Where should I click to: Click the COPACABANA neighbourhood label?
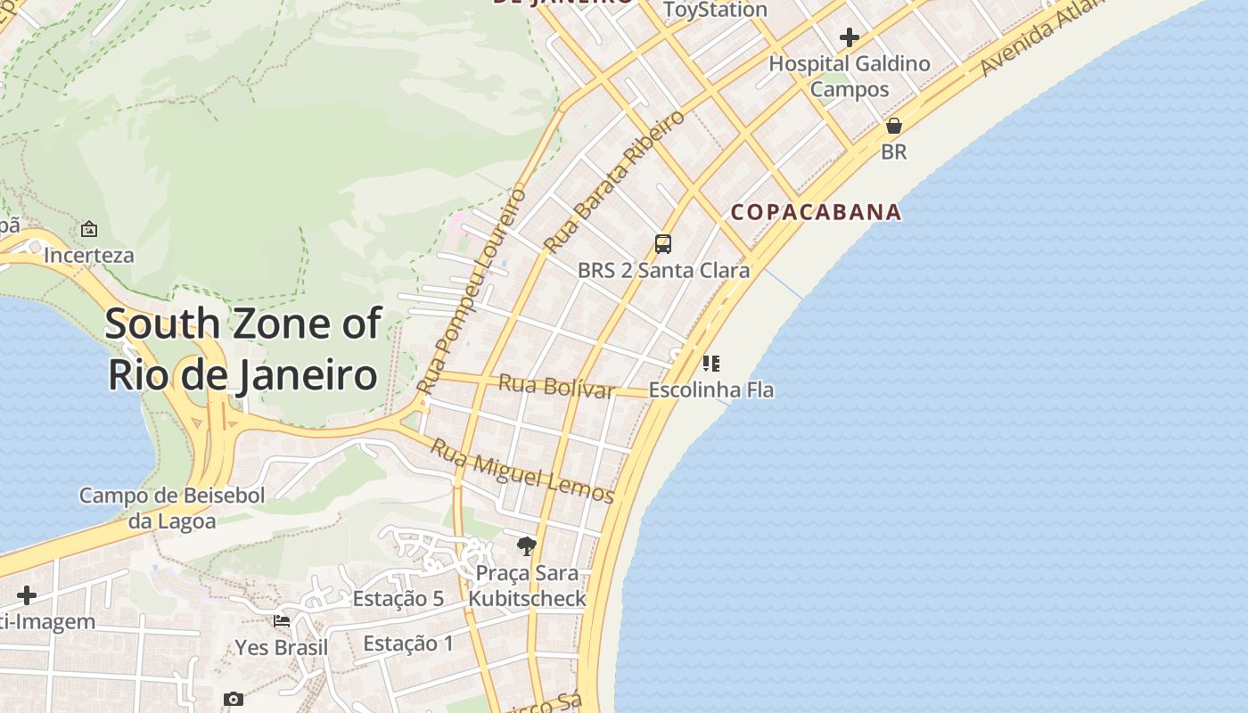tap(816, 212)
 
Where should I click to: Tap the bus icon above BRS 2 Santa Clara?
tap(663, 243)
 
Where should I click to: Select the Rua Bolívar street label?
tap(556, 387)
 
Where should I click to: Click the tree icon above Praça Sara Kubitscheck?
tap(527, 545)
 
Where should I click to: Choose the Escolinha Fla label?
tap(710, 389)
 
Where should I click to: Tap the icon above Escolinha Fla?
tap(710, 363)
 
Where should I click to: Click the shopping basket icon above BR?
tap(893, 126)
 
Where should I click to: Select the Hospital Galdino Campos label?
tap(850, 76)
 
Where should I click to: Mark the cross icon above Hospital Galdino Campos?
tap(850, 37)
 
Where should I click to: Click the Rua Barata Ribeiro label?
tap(614, 180)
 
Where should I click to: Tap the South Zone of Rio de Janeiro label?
tap(243, 348)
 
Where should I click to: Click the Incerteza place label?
tap(89, 255)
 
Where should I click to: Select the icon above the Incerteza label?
tap(89, 229)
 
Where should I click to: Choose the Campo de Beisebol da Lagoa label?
tap(172, 508)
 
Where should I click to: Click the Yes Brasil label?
tap(282, 647)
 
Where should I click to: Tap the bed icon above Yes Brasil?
tap(282, 620)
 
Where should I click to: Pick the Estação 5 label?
tap(398, 599)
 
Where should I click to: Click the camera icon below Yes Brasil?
tap(234, 700)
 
